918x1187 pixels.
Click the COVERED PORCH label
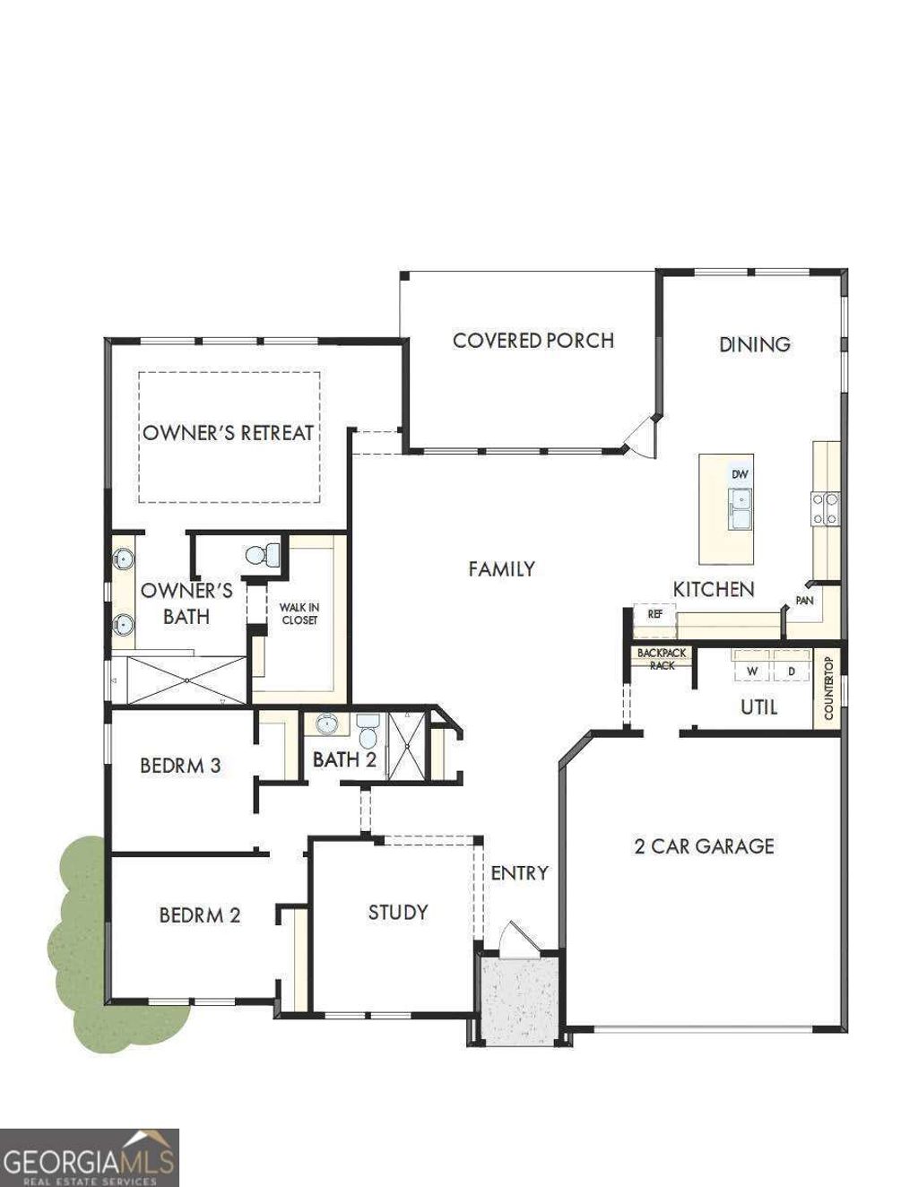click(x=533, y=341)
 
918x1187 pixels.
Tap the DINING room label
click(x=754, y=344)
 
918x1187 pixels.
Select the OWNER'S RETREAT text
click(x=229, y=433)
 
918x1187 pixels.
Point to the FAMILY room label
click(x=501, y=568)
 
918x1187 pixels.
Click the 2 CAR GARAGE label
click(x=704, y=846)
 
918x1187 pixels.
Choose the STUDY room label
click(x=397, y=913)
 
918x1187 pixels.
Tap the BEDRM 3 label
click(x=180, y=766)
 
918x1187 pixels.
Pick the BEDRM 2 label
click(x=200, y=915)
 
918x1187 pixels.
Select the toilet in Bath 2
click(x=367, y=732)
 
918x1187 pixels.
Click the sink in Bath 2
click(x=326, y=724)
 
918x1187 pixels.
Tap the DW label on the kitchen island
click(x=739, y=474)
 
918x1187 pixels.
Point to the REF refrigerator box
click(x=654, y=615)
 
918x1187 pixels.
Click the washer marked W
click(x=753, y=670)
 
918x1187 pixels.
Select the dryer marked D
click(x=791, y=670)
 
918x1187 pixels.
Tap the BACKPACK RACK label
click(x=662, y=659)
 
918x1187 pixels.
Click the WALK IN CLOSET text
click(x=299, y=614)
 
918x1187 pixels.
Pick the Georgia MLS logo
click(x=89, y=1157)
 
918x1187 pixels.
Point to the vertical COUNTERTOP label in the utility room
click(x=828, y=689)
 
